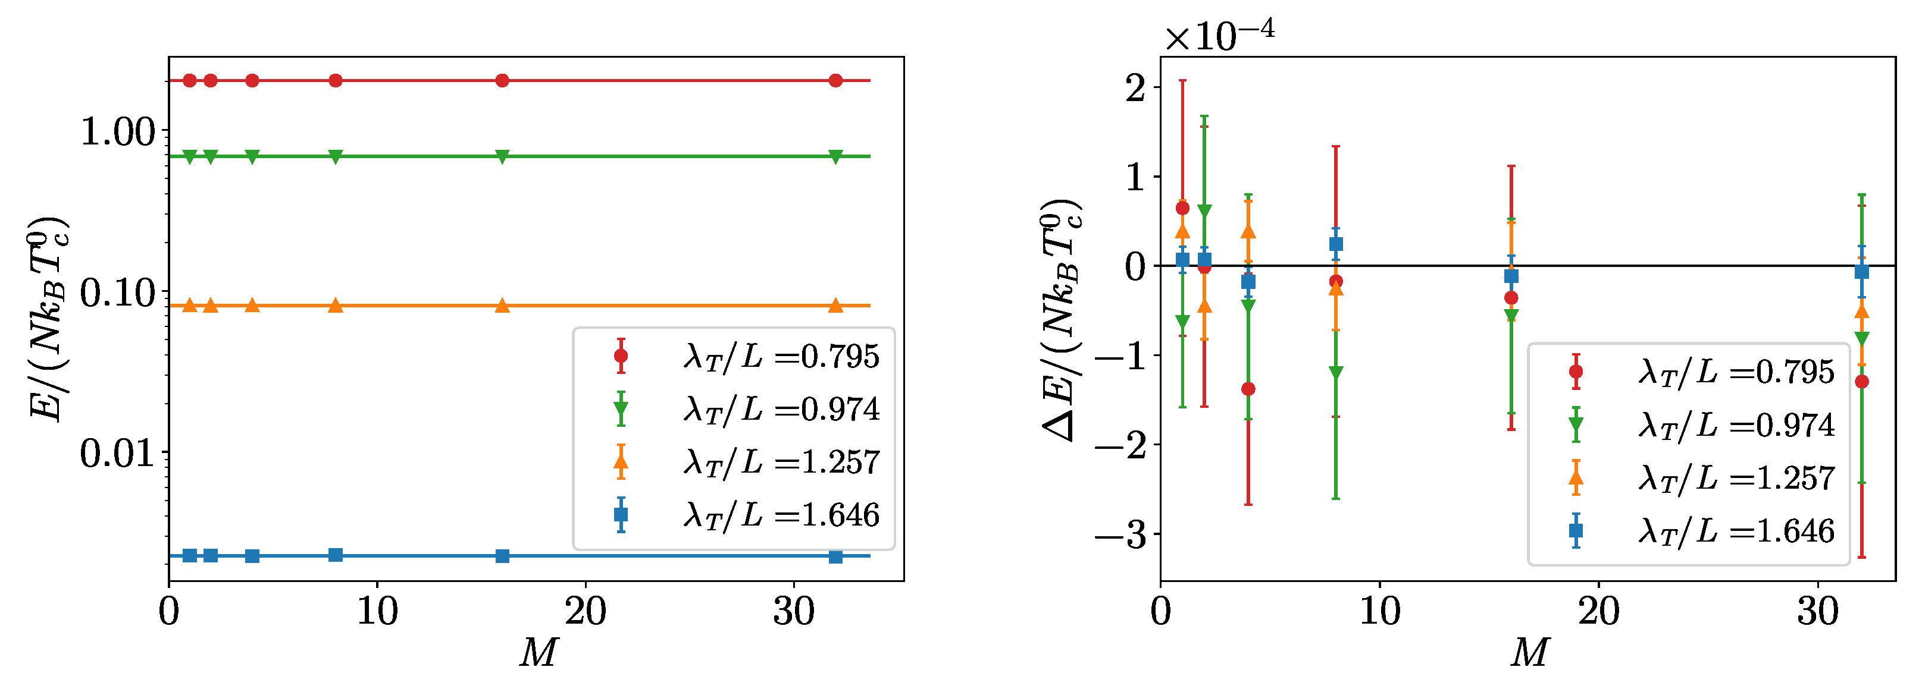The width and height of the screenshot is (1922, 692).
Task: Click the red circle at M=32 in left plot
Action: pos(835,80)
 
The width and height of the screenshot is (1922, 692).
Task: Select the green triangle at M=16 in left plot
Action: pos(502,156)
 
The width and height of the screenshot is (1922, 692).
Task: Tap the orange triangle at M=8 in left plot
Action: pos(336,305)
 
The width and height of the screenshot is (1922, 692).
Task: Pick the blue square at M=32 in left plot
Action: pos(835,557)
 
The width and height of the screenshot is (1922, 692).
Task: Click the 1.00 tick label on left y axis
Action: pos(117,132)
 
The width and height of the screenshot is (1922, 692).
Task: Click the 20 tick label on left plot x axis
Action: pos(585,612)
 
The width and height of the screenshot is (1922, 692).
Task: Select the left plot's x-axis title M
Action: pos(538,653)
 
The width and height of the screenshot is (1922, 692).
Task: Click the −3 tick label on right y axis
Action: pos(1120,534)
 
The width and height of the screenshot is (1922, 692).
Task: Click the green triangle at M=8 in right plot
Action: pos(1335,373)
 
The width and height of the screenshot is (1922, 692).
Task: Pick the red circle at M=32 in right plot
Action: pos(1861,382)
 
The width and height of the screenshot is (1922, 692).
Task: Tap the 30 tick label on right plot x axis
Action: pos(1817,612)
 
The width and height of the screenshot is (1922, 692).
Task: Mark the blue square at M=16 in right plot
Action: pos(1511,276)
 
